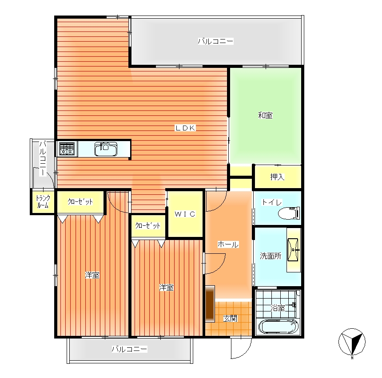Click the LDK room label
pos(185,128)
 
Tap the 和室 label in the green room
pos(265,115)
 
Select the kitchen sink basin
pos(106,149)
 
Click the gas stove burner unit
pos(67,149)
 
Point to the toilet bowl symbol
pos(289,213)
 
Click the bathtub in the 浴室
pos(278,326)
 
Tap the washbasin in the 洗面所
pos(293,249)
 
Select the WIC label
pos(185,214)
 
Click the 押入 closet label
pos(277,177)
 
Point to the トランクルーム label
pos(43,202)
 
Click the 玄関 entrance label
pos(230,319)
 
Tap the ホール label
pos(228,244)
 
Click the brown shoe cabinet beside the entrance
pos(210,303)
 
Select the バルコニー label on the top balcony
pos(215,41)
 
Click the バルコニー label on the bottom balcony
pos(129,349)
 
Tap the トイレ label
pos(272,202)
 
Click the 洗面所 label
pos(271,256)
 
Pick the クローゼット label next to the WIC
pos(148,226)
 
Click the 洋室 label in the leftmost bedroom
pos(92,275)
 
